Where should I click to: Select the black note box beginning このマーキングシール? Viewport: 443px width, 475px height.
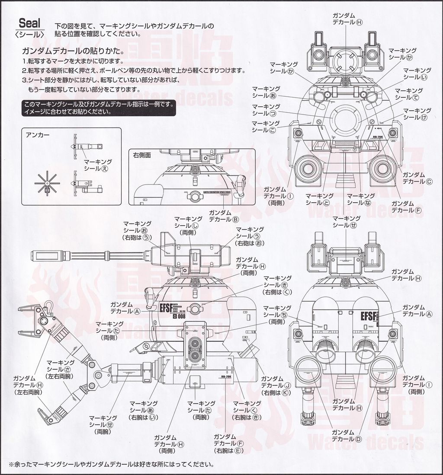point(99,108)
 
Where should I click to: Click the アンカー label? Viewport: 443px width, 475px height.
point(38,135)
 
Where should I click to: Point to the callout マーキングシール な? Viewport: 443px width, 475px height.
point(361,199)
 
